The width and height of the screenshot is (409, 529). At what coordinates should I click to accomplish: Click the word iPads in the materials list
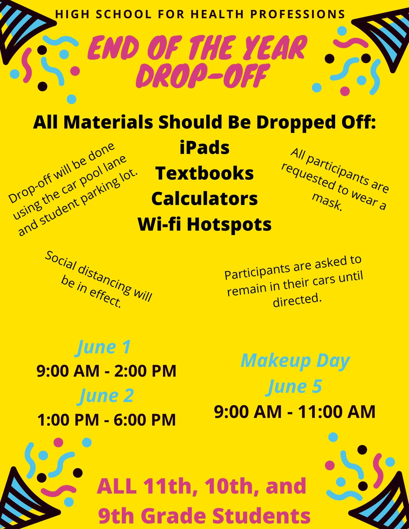[x=204, y=148]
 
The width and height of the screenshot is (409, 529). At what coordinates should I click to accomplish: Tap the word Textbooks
[x=204, y=174]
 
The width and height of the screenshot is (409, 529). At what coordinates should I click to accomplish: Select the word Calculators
[x=204, y=199]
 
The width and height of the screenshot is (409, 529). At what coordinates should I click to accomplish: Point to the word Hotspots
[x=230, y=225]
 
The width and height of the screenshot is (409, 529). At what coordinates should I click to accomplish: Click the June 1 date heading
[x=104, y=348]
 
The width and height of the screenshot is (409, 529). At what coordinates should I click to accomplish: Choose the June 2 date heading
[x=106, y=396]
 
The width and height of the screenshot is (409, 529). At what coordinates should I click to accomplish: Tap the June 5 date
[x=295, y=387]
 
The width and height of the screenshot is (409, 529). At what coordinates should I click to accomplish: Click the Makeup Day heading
[x=295, y=361]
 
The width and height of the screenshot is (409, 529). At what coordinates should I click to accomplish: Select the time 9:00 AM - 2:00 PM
[x=106, y=371]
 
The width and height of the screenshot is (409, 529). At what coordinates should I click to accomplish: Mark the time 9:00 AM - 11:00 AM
[x=295, y=412]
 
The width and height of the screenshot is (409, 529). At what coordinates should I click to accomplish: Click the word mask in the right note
[x=328, y=202]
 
